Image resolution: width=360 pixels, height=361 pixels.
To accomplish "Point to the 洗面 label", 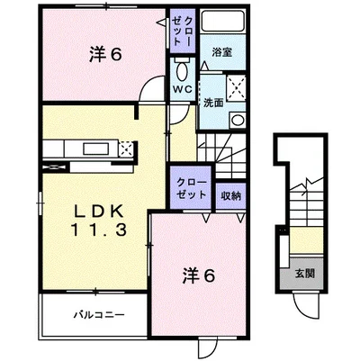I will [213, 102].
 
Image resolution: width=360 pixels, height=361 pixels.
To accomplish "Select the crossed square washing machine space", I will [238, 87].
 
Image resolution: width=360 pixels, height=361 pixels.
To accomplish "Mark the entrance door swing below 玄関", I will [306, 304].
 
